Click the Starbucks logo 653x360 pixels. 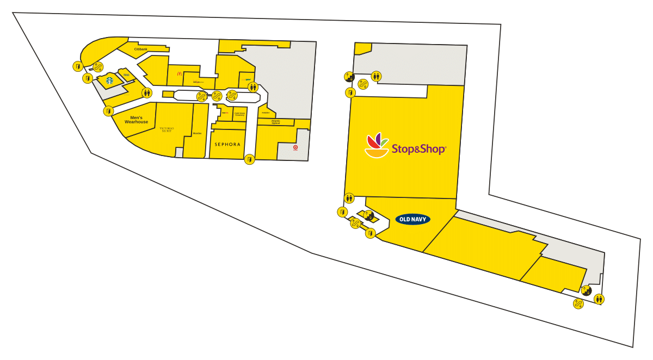click(109, 80)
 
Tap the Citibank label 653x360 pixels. click(141, 49)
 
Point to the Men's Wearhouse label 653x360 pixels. click(137, 120)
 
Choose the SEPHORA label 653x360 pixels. click(227, 144)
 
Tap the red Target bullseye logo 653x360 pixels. click(295, 147)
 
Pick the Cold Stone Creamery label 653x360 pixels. click(239, 115)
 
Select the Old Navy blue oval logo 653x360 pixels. click(412, 219)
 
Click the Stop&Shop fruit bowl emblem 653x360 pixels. click(377, 146)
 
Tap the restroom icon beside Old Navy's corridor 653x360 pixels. click(349, 198)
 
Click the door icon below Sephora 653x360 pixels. click(249, 159)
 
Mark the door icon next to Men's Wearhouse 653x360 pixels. click(108, 111)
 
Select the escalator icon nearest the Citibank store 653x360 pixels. click(98, 67)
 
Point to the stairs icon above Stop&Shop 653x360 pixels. click(349, 77)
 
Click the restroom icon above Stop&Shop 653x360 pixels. click(376, 76)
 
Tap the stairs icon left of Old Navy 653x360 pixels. click(368, 215)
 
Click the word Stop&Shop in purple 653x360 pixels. click(418, 148)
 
